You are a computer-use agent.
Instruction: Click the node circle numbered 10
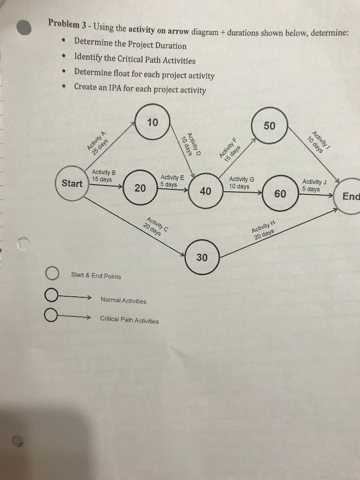152,123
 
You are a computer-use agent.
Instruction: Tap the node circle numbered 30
202,257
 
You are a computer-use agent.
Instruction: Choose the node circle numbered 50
270,126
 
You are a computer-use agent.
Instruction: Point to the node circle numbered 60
280,194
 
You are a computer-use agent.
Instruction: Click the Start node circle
72,183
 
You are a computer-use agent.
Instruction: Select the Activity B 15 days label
102,176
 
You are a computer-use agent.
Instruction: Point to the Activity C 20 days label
155,226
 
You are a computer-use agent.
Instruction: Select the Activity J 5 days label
314,185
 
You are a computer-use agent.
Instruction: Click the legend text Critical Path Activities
129,320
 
